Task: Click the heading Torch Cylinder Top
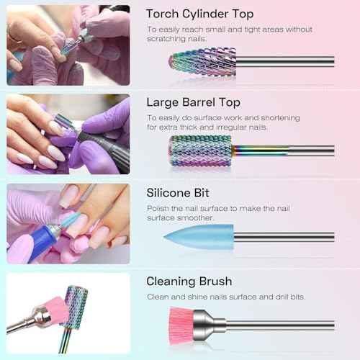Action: tap(199, 14)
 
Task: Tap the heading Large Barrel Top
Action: tap(192, 102)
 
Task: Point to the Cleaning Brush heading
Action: tap(189, 282)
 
